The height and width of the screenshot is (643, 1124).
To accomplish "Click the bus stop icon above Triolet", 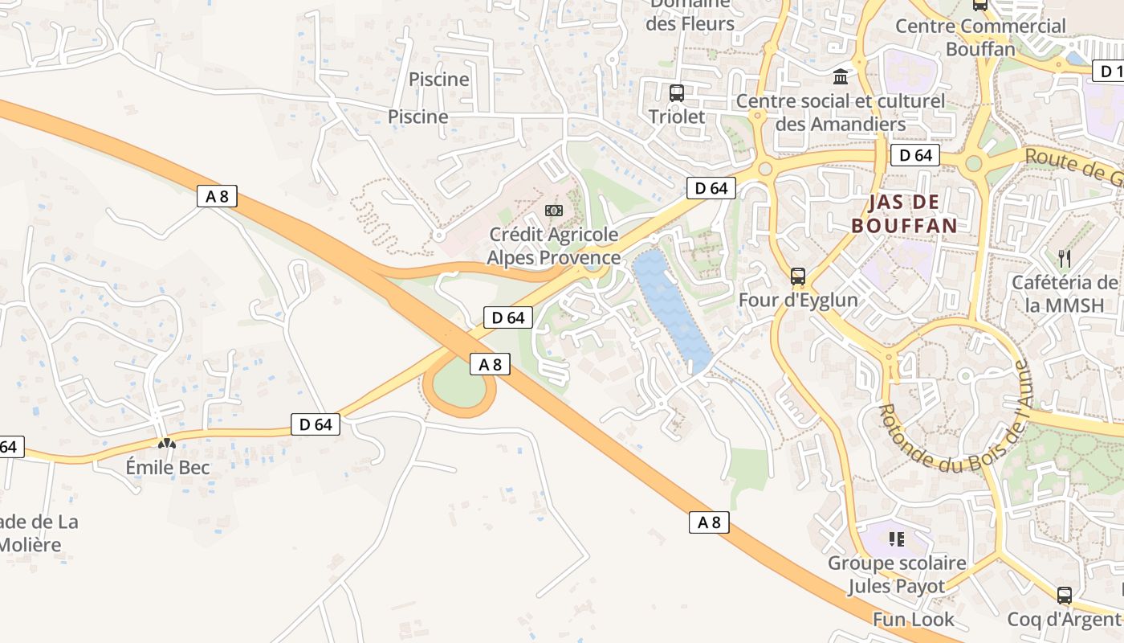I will pyautogui.click(x=677, y=92).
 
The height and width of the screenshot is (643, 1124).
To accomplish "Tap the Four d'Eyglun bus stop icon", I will pyautogui.click(x=797, y=276).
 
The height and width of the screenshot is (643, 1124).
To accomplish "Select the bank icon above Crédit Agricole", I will pyautogui.click(x=554, y=211).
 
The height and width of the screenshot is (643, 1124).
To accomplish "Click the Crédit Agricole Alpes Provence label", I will pyautogui.click(x=554, y=246).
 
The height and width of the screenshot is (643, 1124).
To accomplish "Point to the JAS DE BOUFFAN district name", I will pyautogui.click(x=904, y=214).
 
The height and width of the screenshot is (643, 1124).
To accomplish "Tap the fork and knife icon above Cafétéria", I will pyautogui.click(x=1065, y=259).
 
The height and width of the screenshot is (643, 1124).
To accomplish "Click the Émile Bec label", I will pyautogui.click(x=168, y=468).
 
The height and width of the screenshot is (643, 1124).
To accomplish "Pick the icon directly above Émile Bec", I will pyautogui.click(x=166, y=443).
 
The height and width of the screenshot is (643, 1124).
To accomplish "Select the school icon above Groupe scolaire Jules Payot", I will pyautogui.click(x=897, y=539).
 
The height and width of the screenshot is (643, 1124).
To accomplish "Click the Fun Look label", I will pyautogui.click(x=914, y=620).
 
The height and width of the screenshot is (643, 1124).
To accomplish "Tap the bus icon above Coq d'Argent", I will pyautogui.click(x=1065, y=596).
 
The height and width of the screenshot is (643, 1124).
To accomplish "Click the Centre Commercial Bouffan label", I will pyautogui.click(x=980, y=37).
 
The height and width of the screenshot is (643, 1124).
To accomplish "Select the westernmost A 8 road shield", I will pyautogui.click(x=217, y=196).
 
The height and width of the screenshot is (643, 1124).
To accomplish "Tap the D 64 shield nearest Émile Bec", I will pyautogui.click(x=316, y=424).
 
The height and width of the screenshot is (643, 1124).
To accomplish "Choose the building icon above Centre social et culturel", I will pyautogui.click(x=841, y=76).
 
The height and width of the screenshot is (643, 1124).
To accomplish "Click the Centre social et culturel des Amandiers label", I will pyautogui.click(x=841, y=113).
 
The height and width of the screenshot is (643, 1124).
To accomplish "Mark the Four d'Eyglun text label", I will pyautogui.click(x=798, y=301).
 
